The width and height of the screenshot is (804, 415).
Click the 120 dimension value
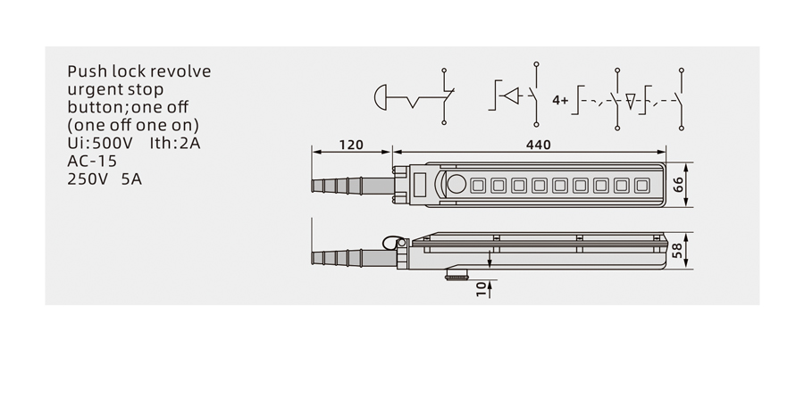(351, 145)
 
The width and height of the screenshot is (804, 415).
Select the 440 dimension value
(538, 145)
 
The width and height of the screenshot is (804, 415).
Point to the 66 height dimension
(678, 185)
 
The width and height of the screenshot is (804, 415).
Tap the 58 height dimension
(677, 251)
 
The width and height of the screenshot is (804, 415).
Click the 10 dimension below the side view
(481, 289)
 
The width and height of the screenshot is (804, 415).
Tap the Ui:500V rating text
(100, 143)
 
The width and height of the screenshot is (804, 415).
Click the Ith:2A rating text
(175, 143)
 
